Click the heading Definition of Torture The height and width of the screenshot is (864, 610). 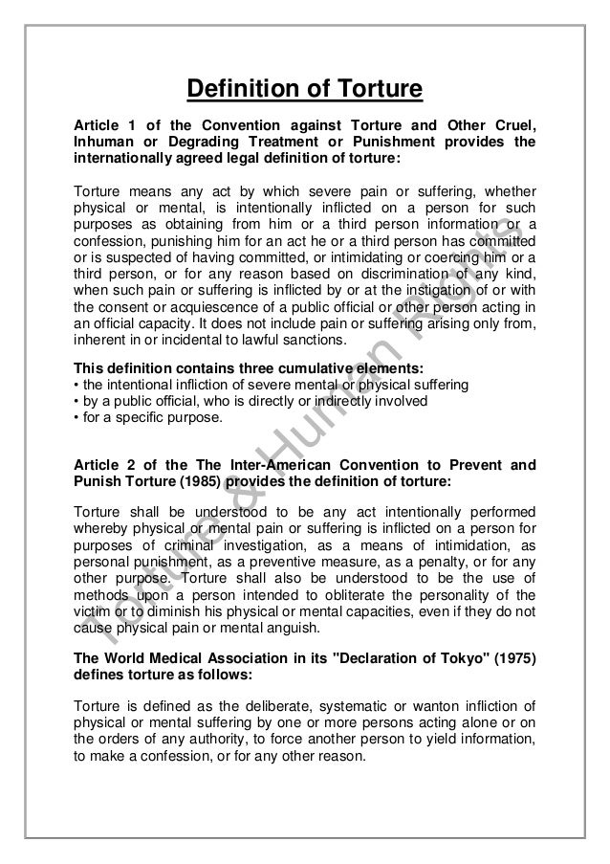tap(304, 91)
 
